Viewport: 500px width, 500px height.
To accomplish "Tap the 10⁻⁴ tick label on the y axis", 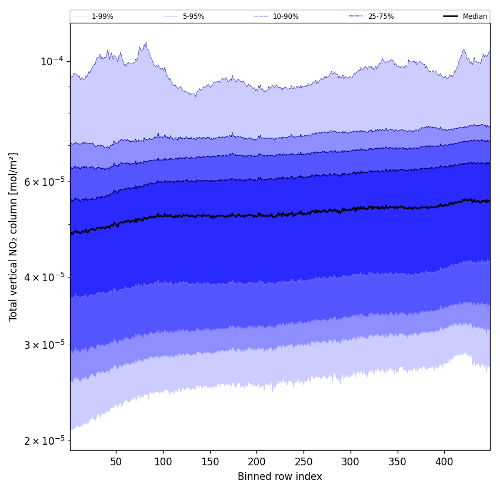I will click(x=51, y=61).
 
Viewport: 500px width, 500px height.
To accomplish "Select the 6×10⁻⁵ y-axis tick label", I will click(x=44, y=182).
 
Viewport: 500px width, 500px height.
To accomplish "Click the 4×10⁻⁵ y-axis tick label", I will click(x=44, y=277).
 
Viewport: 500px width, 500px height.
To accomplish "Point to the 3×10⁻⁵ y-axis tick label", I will click(x=44, y=345).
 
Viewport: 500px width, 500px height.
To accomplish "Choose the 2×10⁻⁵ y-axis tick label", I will click(x=44, y=441).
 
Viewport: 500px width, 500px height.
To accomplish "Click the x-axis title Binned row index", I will click(x=280, y=476).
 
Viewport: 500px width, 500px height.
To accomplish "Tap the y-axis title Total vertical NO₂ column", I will click(x=14, y=236).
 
